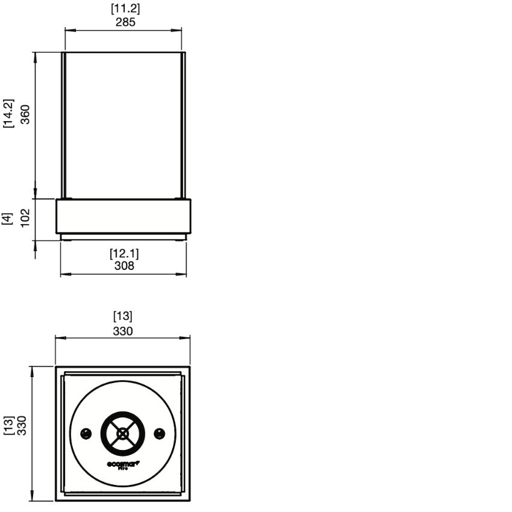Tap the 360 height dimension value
[x=25, y=114]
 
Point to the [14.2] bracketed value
[x=9, y=114]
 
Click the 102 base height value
[x=25, y=217]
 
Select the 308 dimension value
[x=124, y=265]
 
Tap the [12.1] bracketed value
[x=124, y=253]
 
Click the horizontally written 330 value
[x=123, y=331]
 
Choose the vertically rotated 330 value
[x=22, y=425]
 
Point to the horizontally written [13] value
[x=123, y=316]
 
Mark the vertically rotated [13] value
[x=8, y=425]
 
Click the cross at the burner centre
[x=123, y=433]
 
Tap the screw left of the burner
[x=86, y=433]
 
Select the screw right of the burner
[x=160, y=433]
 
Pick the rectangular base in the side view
[x=123, y=217]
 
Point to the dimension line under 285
[x=123, y=30]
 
